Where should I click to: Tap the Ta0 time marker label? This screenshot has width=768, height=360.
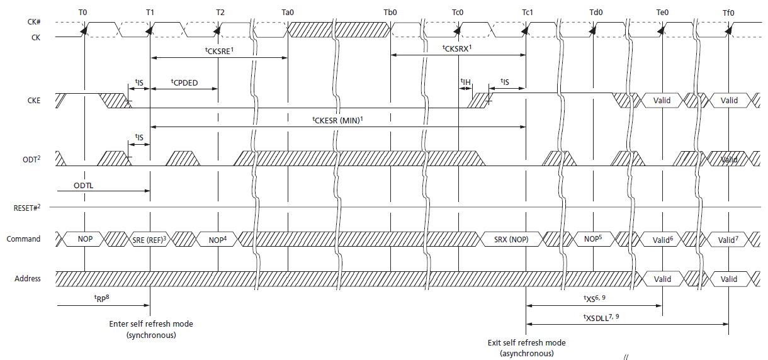[288, 12]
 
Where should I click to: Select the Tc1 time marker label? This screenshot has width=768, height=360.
[526, 12]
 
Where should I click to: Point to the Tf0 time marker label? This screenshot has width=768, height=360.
[728, 12]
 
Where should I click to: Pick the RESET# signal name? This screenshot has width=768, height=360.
[25, 207]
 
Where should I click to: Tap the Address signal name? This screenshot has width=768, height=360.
[28, 278]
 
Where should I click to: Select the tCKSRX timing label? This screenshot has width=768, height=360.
[457, 48]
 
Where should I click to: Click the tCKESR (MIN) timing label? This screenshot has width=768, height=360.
[337, 120]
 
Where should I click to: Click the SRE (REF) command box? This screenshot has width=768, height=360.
[149, 239]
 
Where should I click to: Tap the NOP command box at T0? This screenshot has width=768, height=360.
[84, 239]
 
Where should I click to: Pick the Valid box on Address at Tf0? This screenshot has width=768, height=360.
[728, 279]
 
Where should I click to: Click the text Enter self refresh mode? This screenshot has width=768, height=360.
[151, 324]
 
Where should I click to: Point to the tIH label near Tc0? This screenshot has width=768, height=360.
[465, 82]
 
